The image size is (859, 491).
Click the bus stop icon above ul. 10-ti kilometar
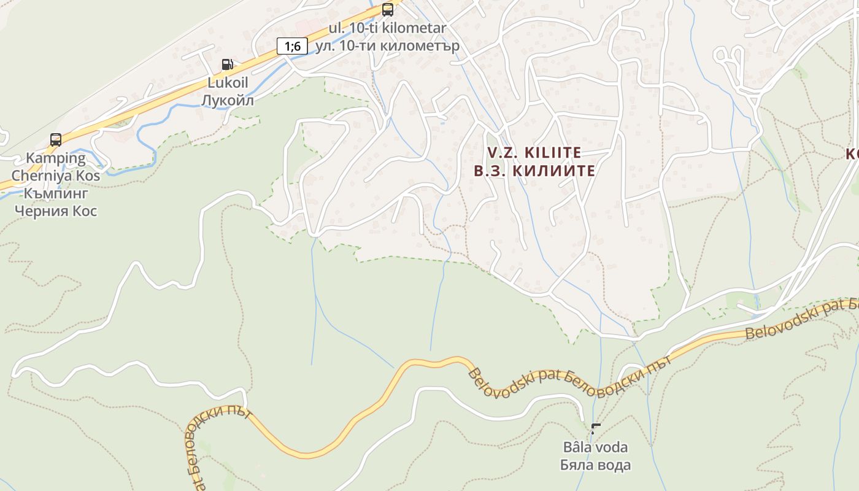pyautogui.click(x=387, y=9)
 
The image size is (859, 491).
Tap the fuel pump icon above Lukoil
pyautogui.click(x=227, y=64)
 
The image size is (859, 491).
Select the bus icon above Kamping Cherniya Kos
pyautogui.click(x=56, y=140)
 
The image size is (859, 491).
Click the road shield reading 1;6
pyautogui.click(x=292, y=45)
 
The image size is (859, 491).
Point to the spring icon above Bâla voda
pyautogui.click(x=595, y=428)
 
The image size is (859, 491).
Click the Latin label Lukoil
pyautogui.click(x=227, y=83)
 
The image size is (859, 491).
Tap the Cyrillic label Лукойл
pyautogui.click(x=227, y=99)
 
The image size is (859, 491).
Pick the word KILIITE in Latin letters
pyautogui.click(x=552, y=152)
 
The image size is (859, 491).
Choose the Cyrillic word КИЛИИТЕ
pyautogui.click(x=553, y=171)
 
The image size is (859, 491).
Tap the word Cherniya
pyautogui.click(x=42, y=176)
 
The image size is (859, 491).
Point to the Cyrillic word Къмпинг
pyautogui.click(x=56, y=193)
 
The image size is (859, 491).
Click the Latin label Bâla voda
pyautogui.click(x=595, y=447)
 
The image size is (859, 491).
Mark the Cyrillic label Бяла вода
pyautogui.click(x=595, y=465)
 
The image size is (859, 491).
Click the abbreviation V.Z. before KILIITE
pyautogui.click(x=503, y=152)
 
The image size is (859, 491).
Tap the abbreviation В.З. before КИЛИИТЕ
pyautogui.click(x=490, y=171)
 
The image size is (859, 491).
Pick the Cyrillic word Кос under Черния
pyautogui.click(x=87, y=211)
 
